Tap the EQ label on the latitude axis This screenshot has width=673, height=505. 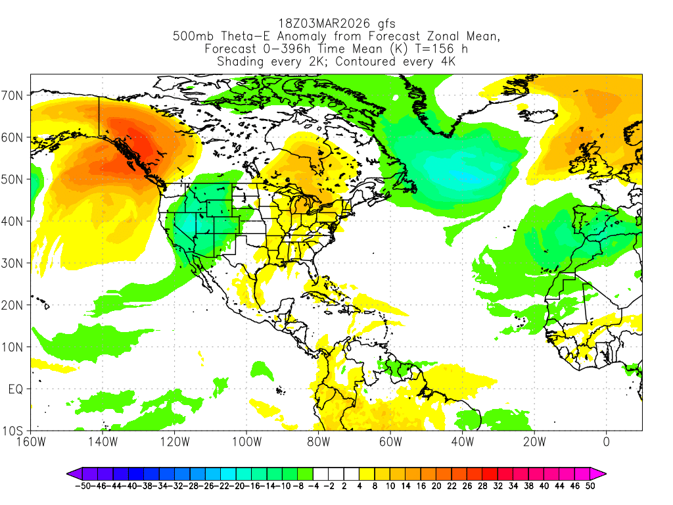[16, 389]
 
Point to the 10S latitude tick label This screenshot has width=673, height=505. [14, 431]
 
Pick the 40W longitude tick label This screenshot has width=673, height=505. [462, 441]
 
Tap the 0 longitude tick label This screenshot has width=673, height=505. [606, 441]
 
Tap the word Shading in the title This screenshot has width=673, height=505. [241, 62]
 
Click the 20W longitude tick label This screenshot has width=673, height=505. [534, 441]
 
